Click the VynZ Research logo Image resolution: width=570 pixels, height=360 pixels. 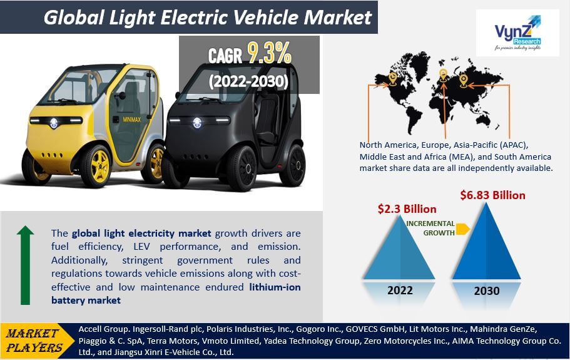point(517,33)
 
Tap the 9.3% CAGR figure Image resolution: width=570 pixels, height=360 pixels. point(270,53)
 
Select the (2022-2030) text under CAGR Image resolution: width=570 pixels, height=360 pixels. point(248,81)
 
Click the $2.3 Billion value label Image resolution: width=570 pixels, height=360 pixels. point(407,209)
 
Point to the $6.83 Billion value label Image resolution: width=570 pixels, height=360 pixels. point(492,195)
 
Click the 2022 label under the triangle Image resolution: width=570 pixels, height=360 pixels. point(400,290)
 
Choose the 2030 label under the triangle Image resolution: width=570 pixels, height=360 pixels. point(487,291)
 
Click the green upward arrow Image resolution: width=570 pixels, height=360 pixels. point(26,265)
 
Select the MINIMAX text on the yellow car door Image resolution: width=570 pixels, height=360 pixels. point(131,120)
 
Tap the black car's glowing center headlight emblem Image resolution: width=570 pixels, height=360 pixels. point(197,123)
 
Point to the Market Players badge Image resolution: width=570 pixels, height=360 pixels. point(34,341)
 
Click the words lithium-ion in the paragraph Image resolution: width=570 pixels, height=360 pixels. point(275,287)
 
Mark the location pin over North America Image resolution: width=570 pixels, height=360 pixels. point(392,78)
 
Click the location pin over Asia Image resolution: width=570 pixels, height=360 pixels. point(463,80)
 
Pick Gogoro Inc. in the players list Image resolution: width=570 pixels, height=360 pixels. point(319,329)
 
